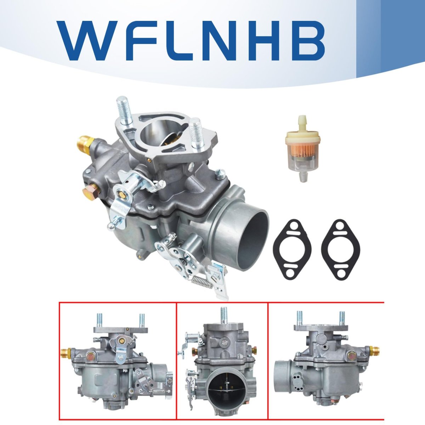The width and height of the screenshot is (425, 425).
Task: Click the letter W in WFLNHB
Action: tap(87, 41)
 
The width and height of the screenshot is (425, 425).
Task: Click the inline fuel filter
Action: tap(302, 148)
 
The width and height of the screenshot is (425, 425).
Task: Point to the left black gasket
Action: tap(292, 249)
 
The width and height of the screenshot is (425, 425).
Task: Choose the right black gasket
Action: tap(340, 249)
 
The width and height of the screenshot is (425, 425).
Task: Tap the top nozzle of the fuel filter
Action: tap(302, 121)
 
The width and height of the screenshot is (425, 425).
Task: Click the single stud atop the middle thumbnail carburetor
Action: tap(224, 316)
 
